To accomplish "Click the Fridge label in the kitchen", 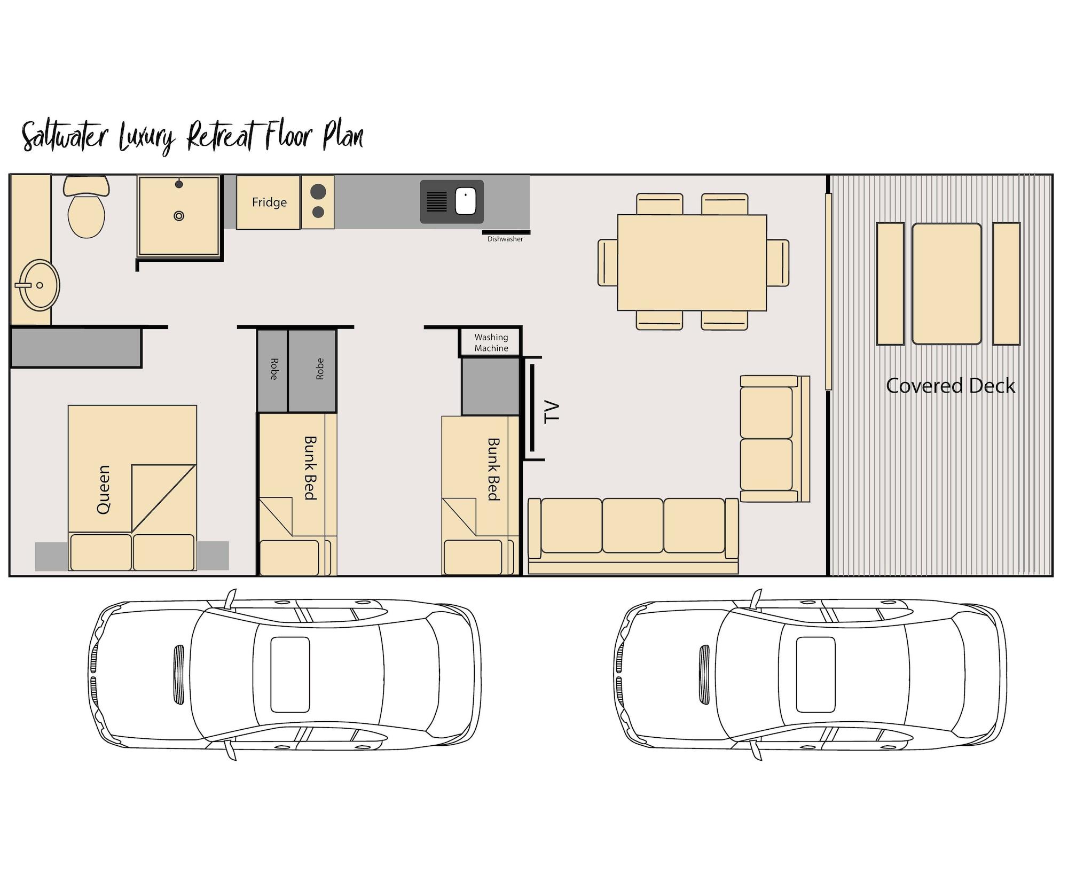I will pyautogui.click(x=269, y=202).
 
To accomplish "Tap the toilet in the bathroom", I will pyautogui.click(x=87, y=211).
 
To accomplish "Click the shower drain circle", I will pyautogui.click(x=179, y=216).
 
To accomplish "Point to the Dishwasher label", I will pyautogui.click(x=505, y=239).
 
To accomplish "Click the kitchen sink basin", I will pyautogui.click(x=466, y=201).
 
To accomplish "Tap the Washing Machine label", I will pyautogui.click(x=491, y=342).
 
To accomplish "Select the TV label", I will pyautogui.click(x=552, y=411).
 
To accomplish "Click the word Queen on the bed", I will pyautogui.click(x=104, y=489).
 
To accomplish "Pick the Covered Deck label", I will pyautogui.click(x=951, y=386).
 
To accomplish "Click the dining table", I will pyautogui.click(x=692, y=262).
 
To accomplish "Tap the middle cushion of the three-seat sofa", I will pyautogui.click(x=633, y=525).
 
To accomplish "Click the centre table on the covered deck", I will pyautogui.click(x=946, y=284).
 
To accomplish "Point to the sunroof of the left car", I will pyautogui.click(x=290, y=675).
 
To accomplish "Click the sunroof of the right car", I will pyautogui.click(x=815, y=675).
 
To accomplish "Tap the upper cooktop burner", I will pyautogui.click(x=318, y=191).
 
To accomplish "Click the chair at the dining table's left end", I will pyautogui.click(x=608, y=262).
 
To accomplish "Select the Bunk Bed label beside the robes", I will pyautogui.click(x=310, y=468).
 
